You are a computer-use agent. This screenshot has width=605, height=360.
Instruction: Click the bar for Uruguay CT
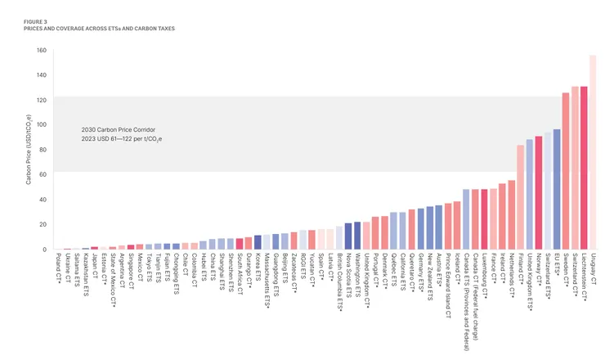click(593, 152)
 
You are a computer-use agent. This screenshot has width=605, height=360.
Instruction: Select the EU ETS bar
click(557, 189)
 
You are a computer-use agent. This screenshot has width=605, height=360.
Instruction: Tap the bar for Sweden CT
click(566, 171)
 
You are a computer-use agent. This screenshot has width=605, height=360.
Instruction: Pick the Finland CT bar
click(520, 197)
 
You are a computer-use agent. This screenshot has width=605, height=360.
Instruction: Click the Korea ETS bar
click(258, 242)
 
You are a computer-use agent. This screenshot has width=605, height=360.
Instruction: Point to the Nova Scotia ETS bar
click(348, 236)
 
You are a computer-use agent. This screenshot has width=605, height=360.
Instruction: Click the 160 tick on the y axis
click(40, 51)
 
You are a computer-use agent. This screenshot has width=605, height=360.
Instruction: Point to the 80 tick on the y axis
click(42, 150)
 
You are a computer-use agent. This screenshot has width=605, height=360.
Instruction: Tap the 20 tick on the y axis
click(42, 224)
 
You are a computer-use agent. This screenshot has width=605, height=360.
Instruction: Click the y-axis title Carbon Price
click(28, 150)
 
